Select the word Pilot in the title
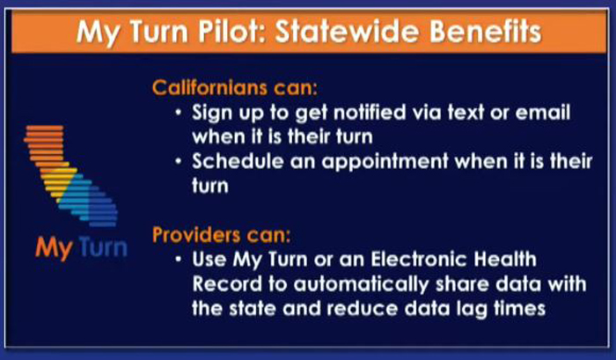click(231, 32)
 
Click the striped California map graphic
click(71, 176)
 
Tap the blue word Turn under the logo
click(103, 247)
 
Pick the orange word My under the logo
click(55, 249)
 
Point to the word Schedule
click(238, 161)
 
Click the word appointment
click(385, 162)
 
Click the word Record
click(227, 284)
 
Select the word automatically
click(361, 285)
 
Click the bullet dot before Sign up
click(179, 114)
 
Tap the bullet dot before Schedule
click(179, 162)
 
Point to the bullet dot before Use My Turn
click(179, 260)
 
